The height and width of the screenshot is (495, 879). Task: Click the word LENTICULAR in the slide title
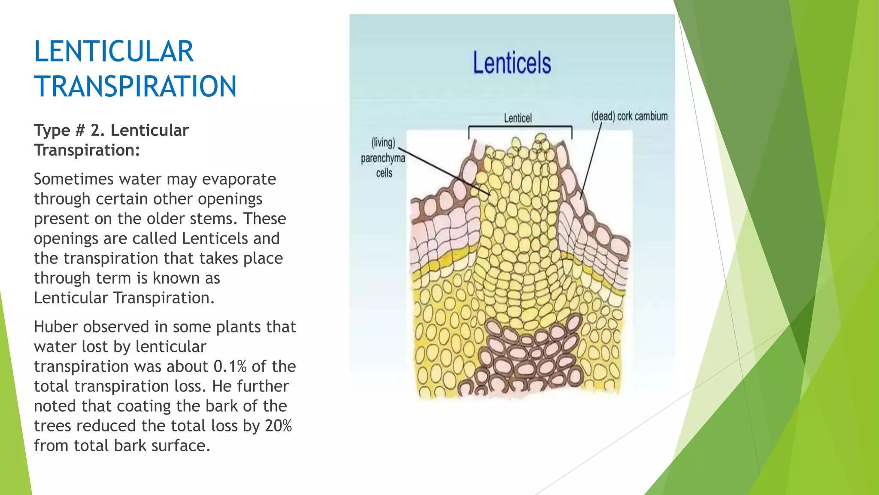tap(114, 52)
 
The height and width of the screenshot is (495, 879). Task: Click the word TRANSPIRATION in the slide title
tap(135, 86)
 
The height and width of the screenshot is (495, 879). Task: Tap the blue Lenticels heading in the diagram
tap(512, 63)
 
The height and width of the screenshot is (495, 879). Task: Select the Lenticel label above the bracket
tap(518, 118)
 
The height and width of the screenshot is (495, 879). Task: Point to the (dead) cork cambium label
tap(629, 116)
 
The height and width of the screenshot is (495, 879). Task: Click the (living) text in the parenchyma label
tap(383, 143)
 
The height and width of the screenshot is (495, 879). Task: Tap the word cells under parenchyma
tap(384, 173)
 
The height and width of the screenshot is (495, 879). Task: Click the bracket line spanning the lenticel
tap(520, 126)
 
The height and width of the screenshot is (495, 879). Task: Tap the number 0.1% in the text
tap(230, 367)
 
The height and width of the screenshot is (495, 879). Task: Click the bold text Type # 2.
tap(69, 130)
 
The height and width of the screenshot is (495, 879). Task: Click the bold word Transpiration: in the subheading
tap(87, 150)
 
